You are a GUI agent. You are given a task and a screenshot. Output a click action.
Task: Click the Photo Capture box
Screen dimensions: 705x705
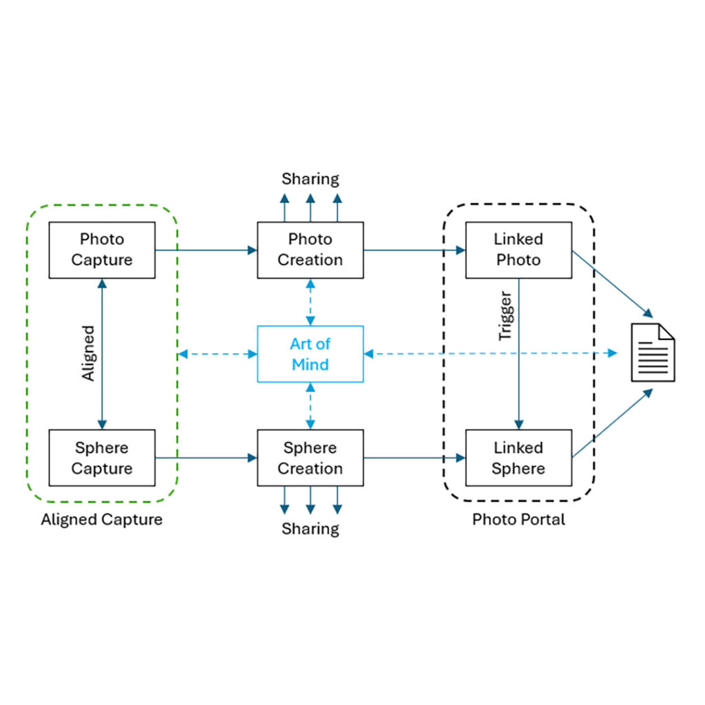pos(102,250)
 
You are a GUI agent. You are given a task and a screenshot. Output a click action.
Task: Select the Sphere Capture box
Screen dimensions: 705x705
pos(102,458)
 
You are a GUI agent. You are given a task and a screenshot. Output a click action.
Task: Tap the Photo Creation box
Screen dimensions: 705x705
pos(310,250)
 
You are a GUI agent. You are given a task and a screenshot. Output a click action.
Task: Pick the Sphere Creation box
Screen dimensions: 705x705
pos(310,458)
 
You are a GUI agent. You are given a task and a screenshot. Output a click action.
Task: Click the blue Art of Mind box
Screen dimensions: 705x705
pos(310,354)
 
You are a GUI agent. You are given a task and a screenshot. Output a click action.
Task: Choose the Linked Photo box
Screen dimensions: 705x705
pos(518,250)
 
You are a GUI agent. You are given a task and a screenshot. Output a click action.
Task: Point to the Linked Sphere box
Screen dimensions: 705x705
pos(518,458)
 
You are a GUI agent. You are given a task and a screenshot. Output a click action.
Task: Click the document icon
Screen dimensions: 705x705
pos(653,352)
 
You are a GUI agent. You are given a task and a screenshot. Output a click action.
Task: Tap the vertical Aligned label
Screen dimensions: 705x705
pos(88,354)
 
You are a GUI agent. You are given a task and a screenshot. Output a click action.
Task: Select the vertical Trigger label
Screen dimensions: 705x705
pos(505,317)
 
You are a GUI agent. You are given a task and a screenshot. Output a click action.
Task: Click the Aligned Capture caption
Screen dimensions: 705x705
pos(102,519)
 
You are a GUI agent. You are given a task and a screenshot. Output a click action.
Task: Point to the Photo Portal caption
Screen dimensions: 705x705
pos(518,519)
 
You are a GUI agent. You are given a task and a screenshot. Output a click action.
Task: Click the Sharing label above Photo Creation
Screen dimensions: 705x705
pos(311,179)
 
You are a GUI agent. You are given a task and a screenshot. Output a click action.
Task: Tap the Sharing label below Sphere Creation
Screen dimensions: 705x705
pos(311,529)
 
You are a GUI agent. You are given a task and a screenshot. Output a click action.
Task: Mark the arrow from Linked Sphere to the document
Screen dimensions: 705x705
pos(611,423)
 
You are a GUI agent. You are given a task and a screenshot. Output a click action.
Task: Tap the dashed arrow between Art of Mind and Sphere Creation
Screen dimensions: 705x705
pos(311,406)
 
